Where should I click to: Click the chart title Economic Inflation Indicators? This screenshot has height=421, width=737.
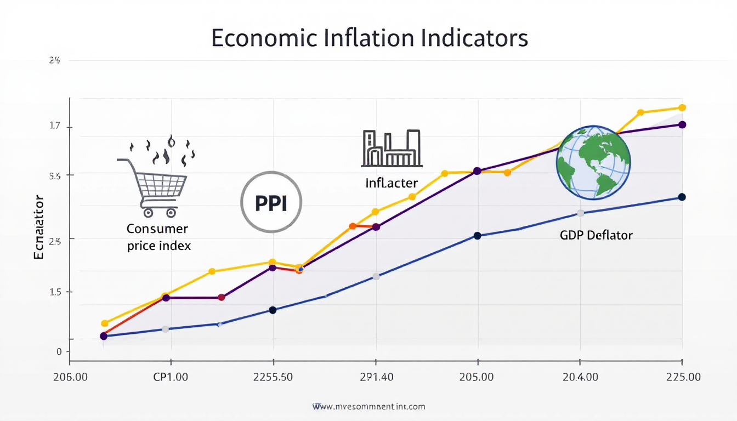(x=369, y=38)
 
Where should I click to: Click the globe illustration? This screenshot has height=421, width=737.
(x=593, y=162)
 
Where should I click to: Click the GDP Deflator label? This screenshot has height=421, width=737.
(x=596, y=235)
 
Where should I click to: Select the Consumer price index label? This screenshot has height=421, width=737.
(x=158, y=237)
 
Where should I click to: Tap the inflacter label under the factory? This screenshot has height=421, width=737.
(x=392, y=183)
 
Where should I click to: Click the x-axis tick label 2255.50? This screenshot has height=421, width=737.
(x=273, y=377)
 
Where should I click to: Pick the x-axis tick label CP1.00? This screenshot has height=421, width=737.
(x=171, y=377)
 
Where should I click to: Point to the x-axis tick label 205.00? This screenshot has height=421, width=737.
(x=477, y=377)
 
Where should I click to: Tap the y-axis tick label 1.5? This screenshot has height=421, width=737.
(x=55, y=292)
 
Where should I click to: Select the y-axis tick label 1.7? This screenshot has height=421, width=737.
(x=55, y=126)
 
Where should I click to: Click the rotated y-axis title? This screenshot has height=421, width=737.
(x=39, y=227)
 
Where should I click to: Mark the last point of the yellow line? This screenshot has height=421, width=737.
(x=682, y=107)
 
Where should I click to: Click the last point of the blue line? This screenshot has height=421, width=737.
(x=682, y=197)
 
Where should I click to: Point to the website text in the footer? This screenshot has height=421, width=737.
(x=368, y=407)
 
